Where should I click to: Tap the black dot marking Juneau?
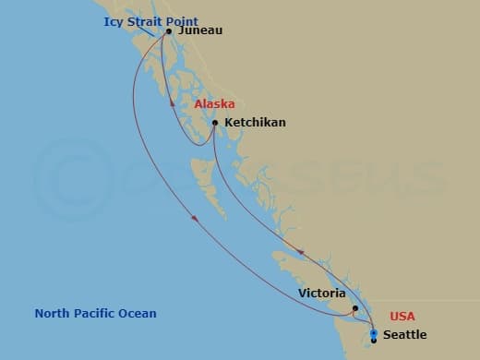tap(169, 31)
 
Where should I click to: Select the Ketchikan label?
tap(254, 122)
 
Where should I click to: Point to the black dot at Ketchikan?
tap(215, 123)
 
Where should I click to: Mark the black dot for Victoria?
tap(355, 308)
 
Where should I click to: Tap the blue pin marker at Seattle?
tap(373, 333)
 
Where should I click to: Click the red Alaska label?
tap(214, 104)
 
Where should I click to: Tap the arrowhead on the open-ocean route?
tap(195, 219)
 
